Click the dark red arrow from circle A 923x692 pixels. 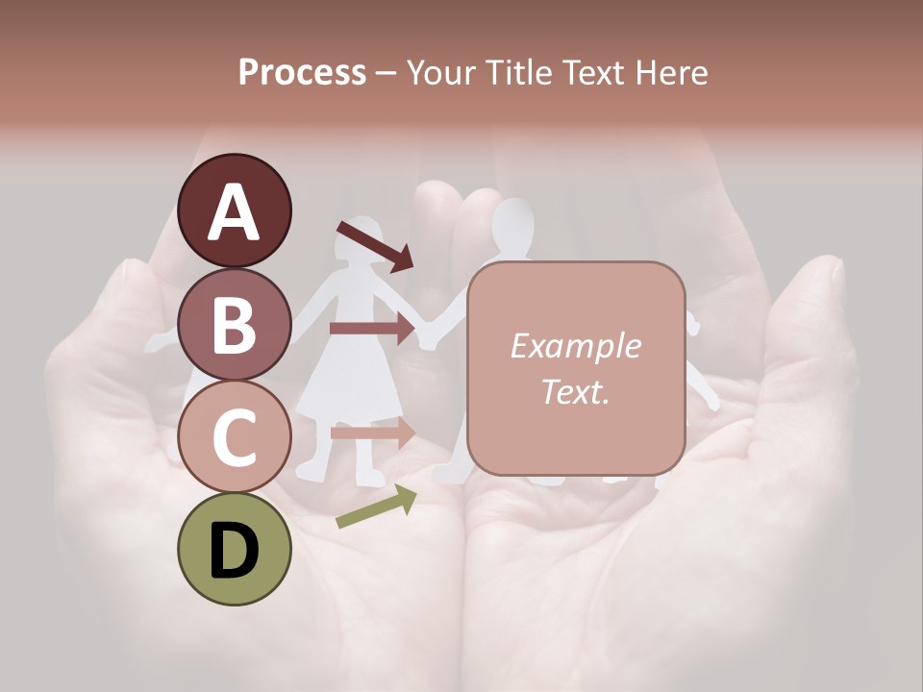tap(375, 246)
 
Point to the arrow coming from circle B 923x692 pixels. tap(371, 329)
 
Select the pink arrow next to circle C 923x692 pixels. tap(371, 432)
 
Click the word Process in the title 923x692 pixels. tap(302, 72)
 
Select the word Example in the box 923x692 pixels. tap(575, 346)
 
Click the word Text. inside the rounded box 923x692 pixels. tap(575, 391)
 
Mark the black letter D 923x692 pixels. tap(235, 551)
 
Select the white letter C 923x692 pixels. tap(235, 437)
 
